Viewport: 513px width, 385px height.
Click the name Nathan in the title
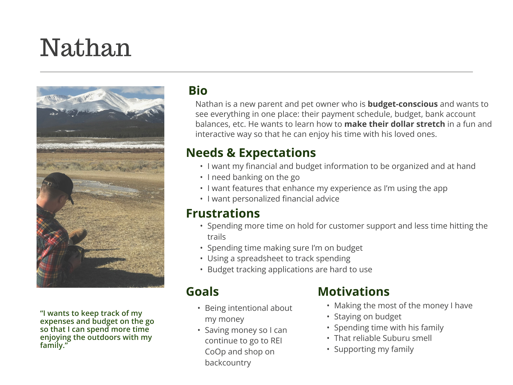(x=86, y=47)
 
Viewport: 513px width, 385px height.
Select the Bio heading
(x=198, y=90)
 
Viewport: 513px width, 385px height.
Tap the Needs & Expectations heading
(x=251, y=153)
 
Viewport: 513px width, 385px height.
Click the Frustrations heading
(x=223, y=213)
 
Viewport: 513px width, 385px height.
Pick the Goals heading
(x=202, y=292)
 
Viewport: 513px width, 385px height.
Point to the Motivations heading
(x=354, y=292)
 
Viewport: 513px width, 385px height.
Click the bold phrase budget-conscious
(x=403, y=104)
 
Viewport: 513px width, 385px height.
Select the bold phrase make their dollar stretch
(x=395, y=124)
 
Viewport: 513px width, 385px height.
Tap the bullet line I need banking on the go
(x=253, y=177)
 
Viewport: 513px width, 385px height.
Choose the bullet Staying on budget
(x=368, y=317)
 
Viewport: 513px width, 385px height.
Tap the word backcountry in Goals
(x=228, y=363)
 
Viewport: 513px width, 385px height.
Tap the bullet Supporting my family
(x=374, y=349)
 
